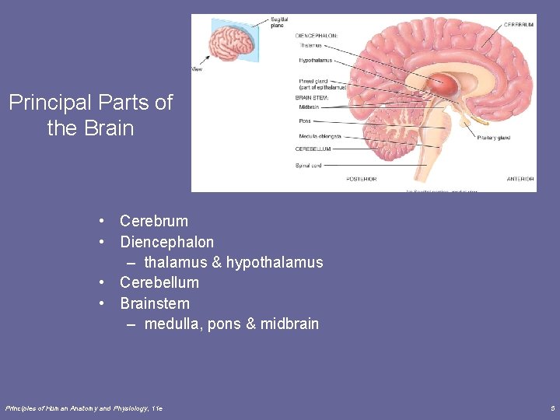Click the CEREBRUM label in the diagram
point(519,25)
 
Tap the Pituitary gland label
point(493,138)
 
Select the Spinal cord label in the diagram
point(309,166)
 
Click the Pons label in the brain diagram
point(305,121)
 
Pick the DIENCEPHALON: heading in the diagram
point(317,35)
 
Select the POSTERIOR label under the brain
point(361,179)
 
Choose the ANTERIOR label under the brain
point(520,179)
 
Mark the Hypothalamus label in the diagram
point(316,60)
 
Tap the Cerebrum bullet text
point(154,221)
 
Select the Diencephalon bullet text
point(166,242)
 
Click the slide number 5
point(551,408)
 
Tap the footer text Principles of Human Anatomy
point(58,408)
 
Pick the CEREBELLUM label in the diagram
point(313,149)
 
